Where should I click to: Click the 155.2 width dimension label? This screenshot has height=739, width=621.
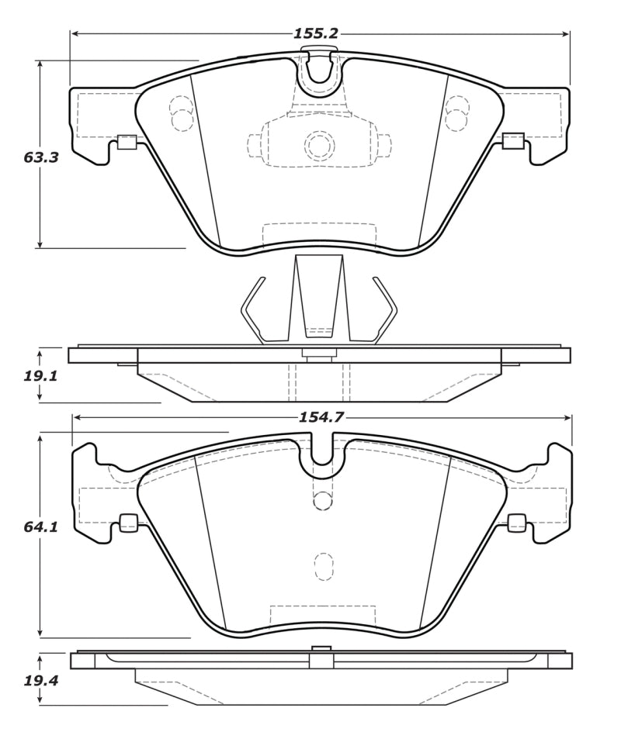pyautogui.click(x=315, y=34)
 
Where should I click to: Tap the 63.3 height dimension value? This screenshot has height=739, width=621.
pyautogui.click(x=41, y=157)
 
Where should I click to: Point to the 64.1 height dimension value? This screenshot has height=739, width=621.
pyautogui.click(x=41, y=527)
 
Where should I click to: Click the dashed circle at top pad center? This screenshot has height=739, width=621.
pyautogui.click(x=319, y=145)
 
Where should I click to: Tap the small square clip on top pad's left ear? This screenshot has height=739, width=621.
pyautogui.click(x=127, y=141)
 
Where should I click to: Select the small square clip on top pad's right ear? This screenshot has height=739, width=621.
pyautogui.click(x=513, y=140)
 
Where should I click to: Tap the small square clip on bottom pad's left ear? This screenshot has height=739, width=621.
pyautogui.click(x=128, y=523)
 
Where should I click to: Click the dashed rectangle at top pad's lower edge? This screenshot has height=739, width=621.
pyautogui.click(x=319, y=234)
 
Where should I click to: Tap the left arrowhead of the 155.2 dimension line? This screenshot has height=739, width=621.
pyautogui.click(x=75, y=34)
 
